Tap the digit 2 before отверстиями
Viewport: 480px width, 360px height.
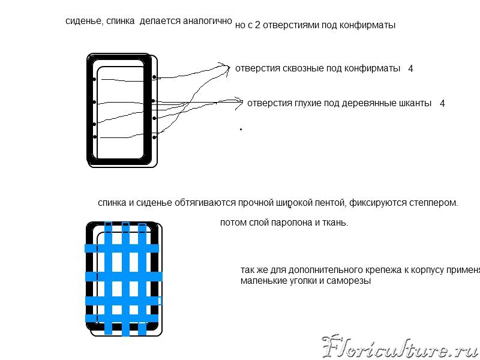pos(257,25)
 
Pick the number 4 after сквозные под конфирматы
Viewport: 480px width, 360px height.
pos(410,68)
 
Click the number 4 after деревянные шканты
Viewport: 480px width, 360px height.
pos(442,103)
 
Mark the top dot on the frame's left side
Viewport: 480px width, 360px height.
pos(94,79)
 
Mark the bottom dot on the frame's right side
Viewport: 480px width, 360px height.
pos(154,137)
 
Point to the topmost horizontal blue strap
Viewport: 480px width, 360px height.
pos(122,248)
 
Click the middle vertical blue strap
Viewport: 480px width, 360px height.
pos(126,279)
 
